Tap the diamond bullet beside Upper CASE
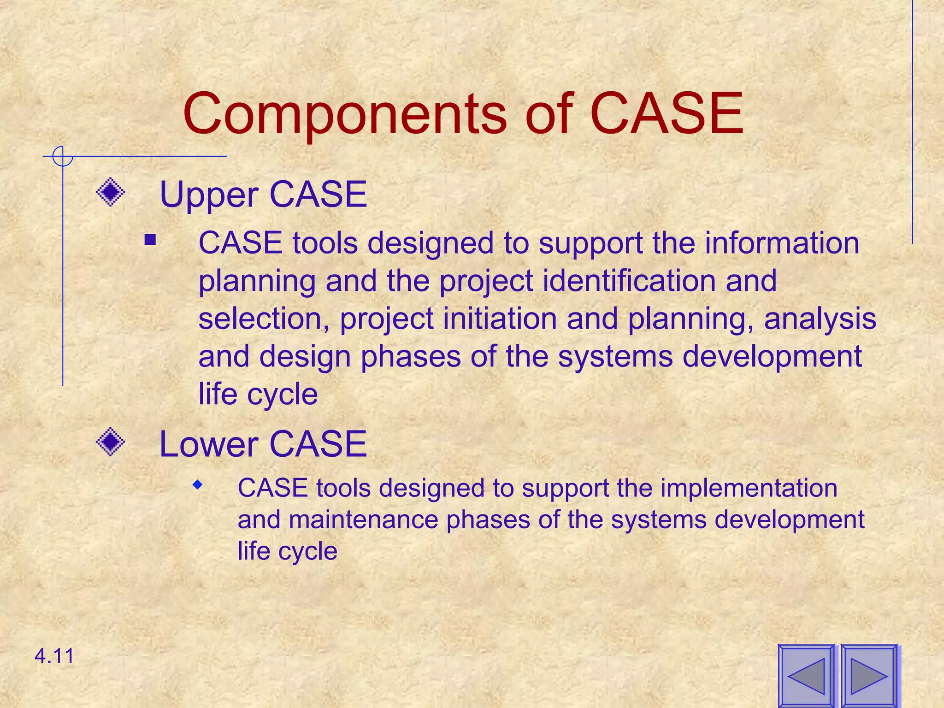tap(111, 192)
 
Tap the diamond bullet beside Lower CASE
tap(111, 442)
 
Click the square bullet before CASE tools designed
tap(150, 240)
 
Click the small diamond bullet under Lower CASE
tap(198, 484)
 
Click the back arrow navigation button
tap(806, 676)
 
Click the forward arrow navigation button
tap(869, 676)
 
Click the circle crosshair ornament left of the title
tap(62, 156)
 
